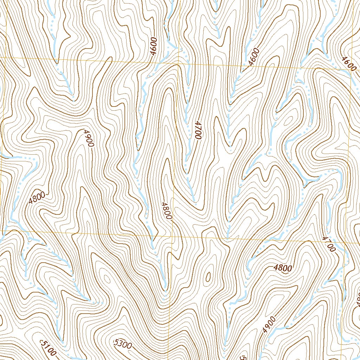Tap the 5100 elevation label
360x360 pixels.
pyautogui.click(x=48, y=346)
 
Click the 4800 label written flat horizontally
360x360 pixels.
pyautogui.click(x=283, y=268)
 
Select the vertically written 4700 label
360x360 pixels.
pyautogui.click(x=198, y=130)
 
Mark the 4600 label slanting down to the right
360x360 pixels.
pyautogui.click(x=348, y=63)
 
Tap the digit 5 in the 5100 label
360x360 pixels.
pyautogui.click(x=44, y=343)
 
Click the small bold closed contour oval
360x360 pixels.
pyautogui.click(x=208, y=277)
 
